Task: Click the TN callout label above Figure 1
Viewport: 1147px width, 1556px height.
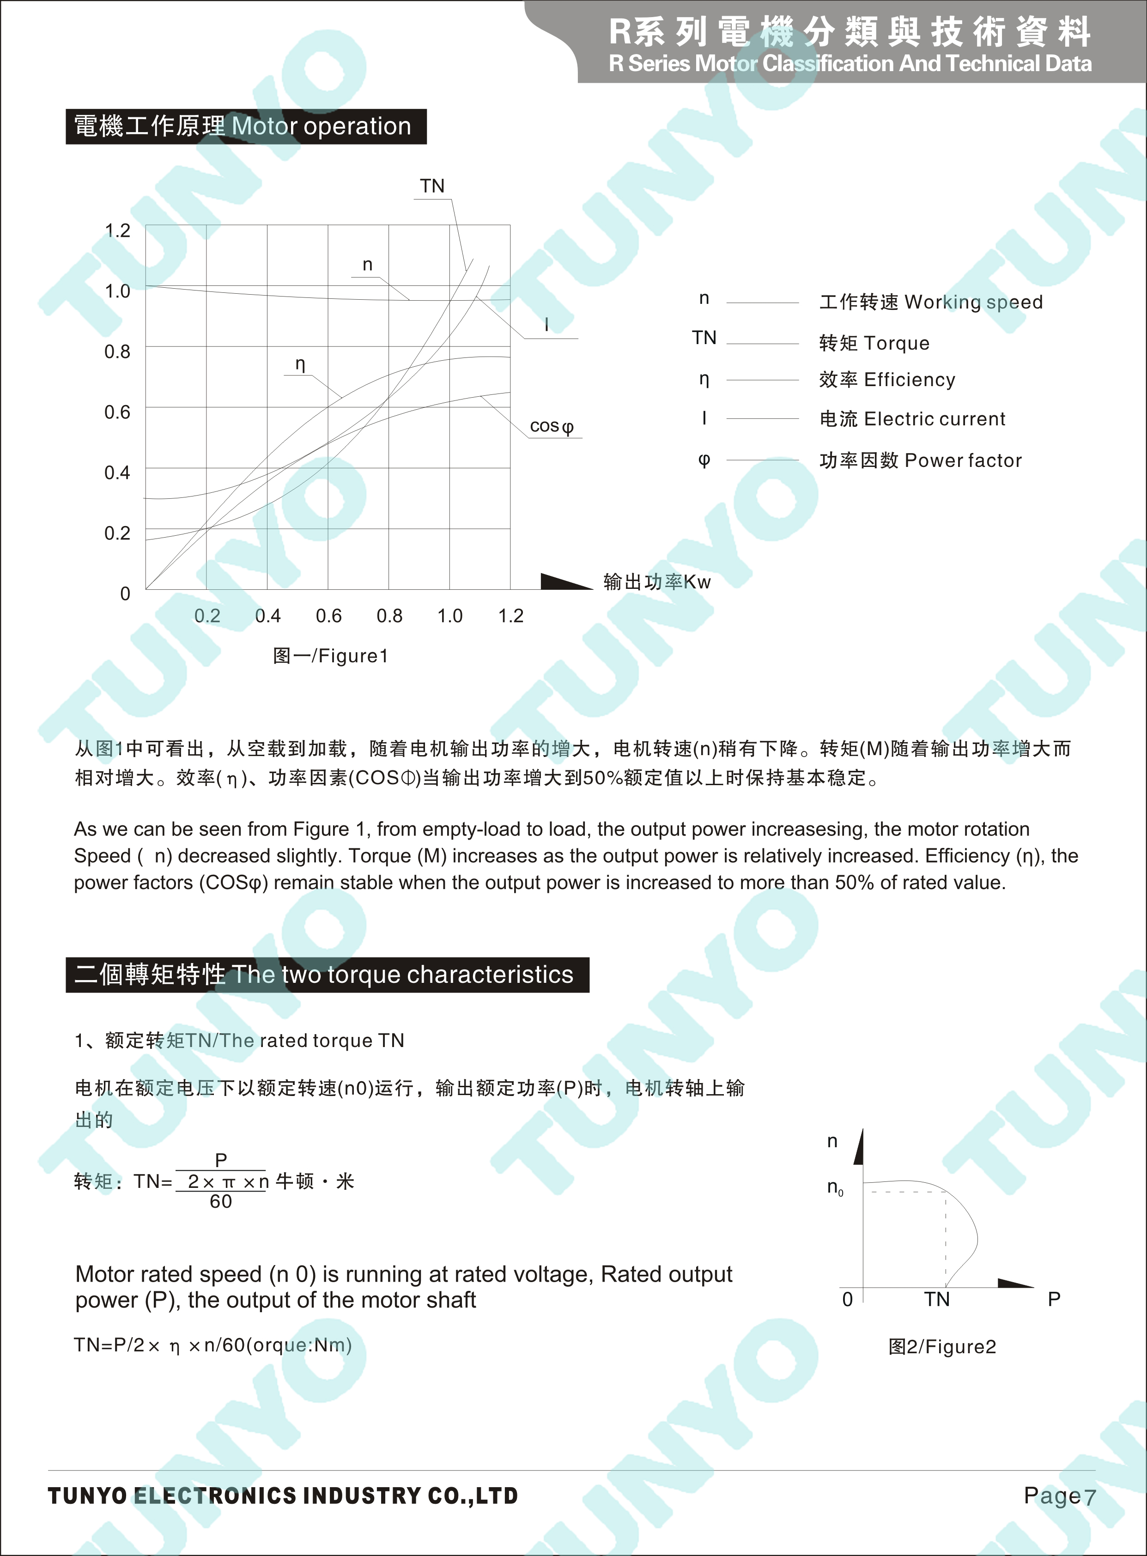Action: coord(432,186)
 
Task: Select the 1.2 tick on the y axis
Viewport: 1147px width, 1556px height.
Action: coord(117,230)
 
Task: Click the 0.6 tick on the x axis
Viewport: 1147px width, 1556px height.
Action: coord(328,616)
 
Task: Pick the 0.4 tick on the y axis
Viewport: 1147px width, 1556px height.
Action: coord(117,472)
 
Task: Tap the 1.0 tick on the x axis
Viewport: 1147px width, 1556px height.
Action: coord(450,616)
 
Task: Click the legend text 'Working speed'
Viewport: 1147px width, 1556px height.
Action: coord(973,302)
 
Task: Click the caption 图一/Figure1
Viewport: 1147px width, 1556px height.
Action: coord(330,656)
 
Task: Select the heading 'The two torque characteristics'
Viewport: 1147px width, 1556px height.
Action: coord(403,975)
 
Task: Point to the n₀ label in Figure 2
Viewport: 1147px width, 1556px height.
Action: coord(835,1188)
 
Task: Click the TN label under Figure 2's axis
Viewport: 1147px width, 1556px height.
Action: coord(937,1299)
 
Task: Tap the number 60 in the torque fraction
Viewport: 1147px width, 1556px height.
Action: coord(221,1201)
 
